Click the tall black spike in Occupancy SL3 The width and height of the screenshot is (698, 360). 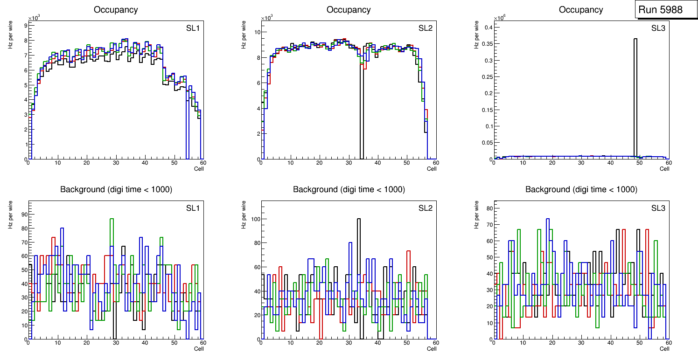635,93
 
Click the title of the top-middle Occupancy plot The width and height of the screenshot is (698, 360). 349,9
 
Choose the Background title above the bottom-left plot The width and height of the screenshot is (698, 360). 116,189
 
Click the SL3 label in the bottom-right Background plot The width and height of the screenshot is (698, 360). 658,208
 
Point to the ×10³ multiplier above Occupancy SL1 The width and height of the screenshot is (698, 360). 34,18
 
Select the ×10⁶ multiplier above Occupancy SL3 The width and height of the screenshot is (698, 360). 500,18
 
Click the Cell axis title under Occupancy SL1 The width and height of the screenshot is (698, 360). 199,168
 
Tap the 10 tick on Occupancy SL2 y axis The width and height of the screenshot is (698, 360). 256,32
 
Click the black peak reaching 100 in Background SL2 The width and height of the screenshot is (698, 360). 359,219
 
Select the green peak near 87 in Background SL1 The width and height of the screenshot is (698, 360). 112,219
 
